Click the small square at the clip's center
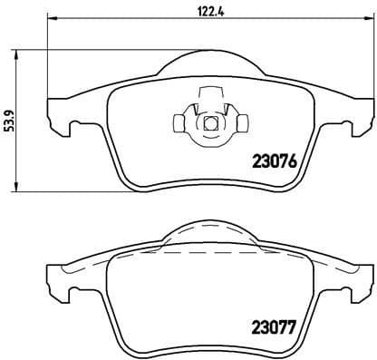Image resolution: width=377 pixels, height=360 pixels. click(209, 124)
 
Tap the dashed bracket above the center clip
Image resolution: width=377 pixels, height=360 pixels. click(209, 91)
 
